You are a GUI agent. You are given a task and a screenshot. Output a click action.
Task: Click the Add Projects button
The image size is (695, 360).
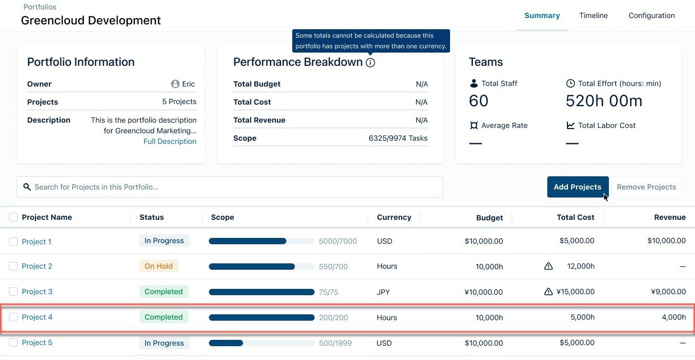577,187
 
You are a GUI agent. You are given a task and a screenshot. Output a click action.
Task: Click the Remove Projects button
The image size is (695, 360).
646,187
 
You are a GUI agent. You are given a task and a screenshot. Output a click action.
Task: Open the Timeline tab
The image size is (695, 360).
593,15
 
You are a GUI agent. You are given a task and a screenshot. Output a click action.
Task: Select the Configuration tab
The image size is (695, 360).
651,15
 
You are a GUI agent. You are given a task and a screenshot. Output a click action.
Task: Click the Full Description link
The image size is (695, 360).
169,141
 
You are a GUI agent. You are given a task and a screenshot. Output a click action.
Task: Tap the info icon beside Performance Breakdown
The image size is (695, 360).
370,63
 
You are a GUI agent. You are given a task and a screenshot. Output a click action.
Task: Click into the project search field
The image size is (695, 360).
230,187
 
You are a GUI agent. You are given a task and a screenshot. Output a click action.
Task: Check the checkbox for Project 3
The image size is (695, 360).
13,292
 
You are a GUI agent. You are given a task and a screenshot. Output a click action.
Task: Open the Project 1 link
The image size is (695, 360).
37,242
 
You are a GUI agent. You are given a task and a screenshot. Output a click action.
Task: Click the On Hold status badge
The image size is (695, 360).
158,266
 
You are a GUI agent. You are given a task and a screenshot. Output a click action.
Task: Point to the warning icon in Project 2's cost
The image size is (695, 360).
548,266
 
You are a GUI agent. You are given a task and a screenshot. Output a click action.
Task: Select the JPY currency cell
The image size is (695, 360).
384,292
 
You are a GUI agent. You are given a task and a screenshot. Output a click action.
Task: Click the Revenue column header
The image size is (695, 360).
669,217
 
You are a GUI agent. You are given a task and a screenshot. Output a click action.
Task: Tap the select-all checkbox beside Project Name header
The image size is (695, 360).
13,217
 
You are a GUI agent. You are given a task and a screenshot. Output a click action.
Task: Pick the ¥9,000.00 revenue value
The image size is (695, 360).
668,292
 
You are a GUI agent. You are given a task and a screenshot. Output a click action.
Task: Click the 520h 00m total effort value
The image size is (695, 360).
604,101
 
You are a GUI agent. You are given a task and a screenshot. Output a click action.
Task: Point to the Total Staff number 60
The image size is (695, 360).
478,101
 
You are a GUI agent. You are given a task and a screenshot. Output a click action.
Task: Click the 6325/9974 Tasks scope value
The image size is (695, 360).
397,138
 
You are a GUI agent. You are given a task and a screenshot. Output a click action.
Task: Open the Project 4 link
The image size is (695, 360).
37,317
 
